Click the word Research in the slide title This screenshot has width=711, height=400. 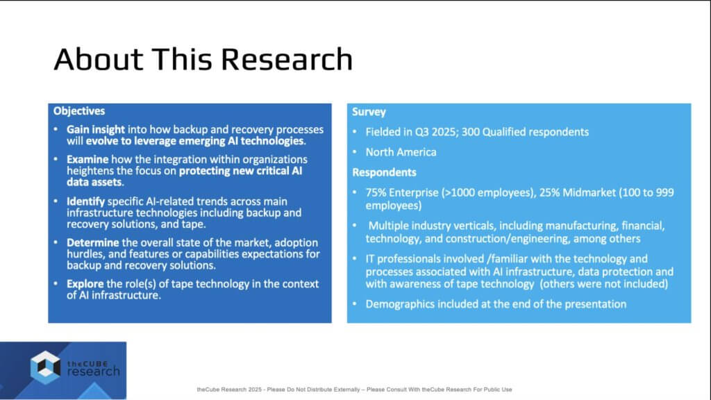[287, 59]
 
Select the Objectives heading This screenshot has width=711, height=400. [79, 111]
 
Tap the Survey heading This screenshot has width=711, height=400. [369, 112]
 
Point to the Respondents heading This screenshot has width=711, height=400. [384, 172]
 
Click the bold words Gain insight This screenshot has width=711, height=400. [96, 130]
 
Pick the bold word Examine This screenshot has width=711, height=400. [87, 160]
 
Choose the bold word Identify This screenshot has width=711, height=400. [85, 201]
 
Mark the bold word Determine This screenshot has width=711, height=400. [93, 242]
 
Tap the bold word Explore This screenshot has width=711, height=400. [85, 284]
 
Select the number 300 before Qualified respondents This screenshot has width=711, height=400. [470, 132]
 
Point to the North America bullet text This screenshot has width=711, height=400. [401, 152]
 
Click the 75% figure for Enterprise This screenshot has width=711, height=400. [376, 192]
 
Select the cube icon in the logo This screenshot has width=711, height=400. [45, 367]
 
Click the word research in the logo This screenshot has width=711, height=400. [94, 372]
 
